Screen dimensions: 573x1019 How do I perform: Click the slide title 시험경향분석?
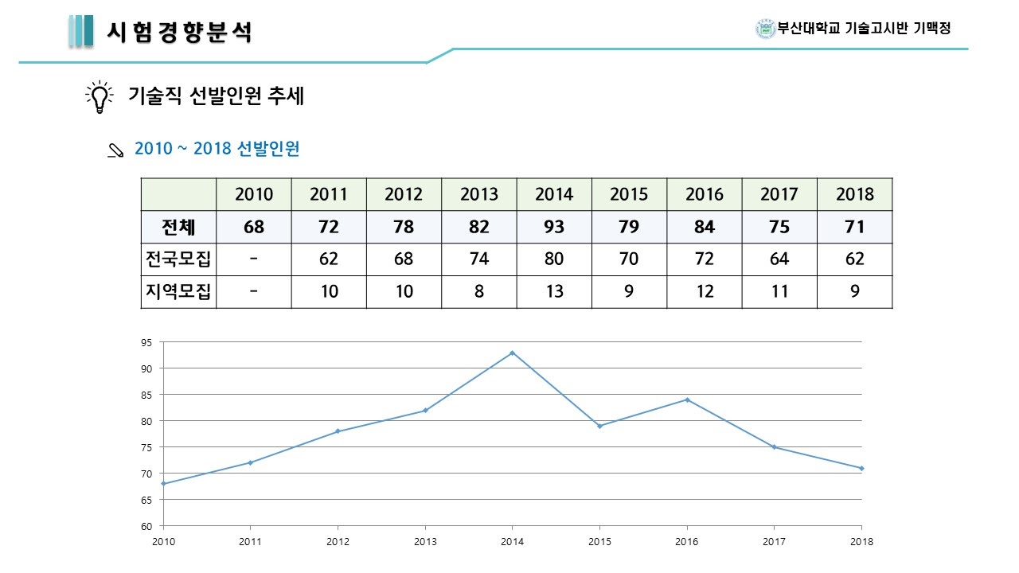[180, 32]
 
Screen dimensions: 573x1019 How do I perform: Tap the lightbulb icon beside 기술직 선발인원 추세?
[99, 97]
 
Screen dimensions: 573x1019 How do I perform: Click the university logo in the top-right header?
[765, 29]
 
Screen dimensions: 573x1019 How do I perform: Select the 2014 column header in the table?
[554, 194]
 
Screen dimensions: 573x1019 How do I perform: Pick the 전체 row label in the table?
[178, 227]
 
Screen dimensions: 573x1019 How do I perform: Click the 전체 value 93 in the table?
[554, 227]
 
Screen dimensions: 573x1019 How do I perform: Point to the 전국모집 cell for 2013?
[479, 259]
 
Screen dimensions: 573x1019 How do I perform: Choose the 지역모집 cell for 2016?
[705, 292]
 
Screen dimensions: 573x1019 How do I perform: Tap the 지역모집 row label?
[178, 292]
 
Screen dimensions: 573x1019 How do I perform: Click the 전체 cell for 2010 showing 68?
[254, 227]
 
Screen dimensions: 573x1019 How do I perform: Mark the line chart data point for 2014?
[512, 353]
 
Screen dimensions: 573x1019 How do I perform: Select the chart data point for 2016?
[687, 400]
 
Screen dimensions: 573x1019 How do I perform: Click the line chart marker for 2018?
[861, 468]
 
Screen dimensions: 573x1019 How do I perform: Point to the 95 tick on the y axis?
[146, 342]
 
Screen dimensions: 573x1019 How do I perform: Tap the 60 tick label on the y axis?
[146, 526]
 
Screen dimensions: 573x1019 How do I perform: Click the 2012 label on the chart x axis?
[338, 542]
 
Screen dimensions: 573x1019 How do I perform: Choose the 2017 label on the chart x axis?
[774, 542]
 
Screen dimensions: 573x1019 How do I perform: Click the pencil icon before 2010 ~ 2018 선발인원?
[115, 150]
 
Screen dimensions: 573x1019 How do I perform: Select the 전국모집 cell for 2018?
[855, 259]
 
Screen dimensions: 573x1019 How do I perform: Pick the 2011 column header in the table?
[329, 194]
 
